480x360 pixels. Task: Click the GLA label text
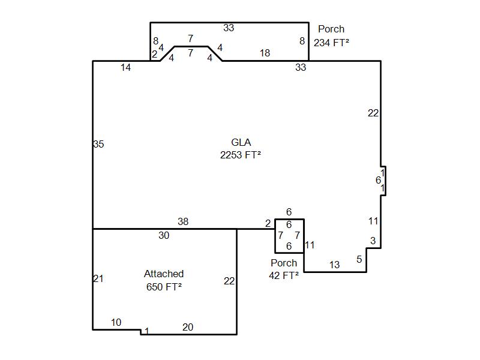tap(241, 142)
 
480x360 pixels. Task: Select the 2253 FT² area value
tap(241, 155)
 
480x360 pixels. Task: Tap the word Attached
tap(164, 274)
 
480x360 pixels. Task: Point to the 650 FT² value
tap(164, 287)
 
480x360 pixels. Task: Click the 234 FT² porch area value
tap(331, 43)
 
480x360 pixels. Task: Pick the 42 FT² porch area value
tap(284, 275)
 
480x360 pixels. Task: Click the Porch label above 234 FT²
tap(331, 29)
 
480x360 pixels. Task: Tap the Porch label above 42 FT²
tap(284, 263)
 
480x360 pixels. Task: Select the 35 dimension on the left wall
tap(98, 144)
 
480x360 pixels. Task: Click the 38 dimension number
tap(183, 221)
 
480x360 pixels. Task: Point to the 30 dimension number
tap(164, 235)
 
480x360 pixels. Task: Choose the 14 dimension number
tap(125, 67)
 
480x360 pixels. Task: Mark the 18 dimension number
tap(265, 53)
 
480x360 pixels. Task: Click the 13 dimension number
tap(334, 265)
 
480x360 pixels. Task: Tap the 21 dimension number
tap(98, 278)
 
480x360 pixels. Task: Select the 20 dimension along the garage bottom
tap(188, 327)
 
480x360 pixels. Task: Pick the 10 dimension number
tap(116, 322)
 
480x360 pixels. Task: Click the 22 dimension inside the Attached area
tap(229, 281)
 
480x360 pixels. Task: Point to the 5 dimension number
tap(359, 260)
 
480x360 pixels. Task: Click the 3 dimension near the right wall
tap(373, 241)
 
